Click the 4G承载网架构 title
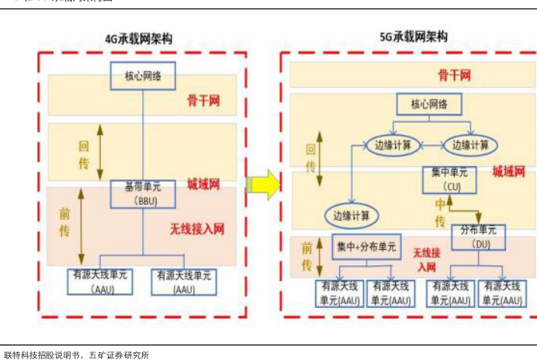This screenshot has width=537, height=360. (139, 39)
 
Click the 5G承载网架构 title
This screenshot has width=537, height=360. (413, 36)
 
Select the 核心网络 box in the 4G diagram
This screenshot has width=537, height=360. (144, 76)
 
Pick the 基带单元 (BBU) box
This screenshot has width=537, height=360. (142, 194)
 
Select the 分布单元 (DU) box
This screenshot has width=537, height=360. (478, 237)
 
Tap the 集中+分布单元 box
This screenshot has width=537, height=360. (366, 247)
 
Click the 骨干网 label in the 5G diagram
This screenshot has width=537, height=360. (454, 75)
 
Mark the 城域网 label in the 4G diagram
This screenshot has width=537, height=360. (203, 184)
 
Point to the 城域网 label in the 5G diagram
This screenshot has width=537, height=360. (508, 171)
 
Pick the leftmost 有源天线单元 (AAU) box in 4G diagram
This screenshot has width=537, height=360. (102, 281)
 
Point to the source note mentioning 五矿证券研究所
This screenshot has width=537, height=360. (76, 355)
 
